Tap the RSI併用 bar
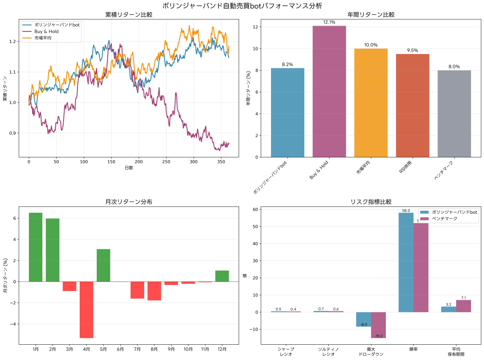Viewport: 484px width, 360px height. click(x=412, y=105)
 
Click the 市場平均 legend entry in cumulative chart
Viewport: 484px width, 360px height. click(x=43, y=38)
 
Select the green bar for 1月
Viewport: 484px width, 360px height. click(x=36, y=247)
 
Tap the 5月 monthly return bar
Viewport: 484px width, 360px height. click(x=103, y=265)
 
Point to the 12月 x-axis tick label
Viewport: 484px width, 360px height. click(x=222, y=349)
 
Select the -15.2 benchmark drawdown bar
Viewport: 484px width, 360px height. click(x=379, y=325)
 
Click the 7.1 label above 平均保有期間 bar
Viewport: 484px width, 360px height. click(x=464, y=298)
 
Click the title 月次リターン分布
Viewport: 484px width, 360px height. click(x=129, y=202)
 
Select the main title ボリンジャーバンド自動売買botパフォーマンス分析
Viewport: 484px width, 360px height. click(x=242, y=5)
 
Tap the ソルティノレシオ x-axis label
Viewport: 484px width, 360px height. click(x=328, y=351)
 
